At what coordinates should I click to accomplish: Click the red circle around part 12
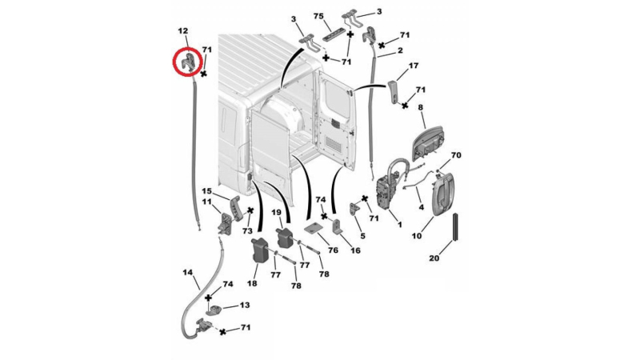point(189,62)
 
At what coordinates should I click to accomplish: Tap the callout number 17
point(414,66)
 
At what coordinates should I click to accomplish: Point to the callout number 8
point(421,106)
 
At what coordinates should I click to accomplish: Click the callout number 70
point(457,154)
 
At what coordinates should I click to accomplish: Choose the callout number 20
point(434,258)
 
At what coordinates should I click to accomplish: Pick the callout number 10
point(417,237)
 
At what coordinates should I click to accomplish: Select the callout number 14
point(188,273)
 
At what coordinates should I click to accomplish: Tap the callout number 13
point(245,306)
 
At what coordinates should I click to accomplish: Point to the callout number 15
point(206,192)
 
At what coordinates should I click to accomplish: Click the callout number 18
point(253,283)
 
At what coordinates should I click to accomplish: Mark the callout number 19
point(276,213)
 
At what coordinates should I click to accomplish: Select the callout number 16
point(355,250)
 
